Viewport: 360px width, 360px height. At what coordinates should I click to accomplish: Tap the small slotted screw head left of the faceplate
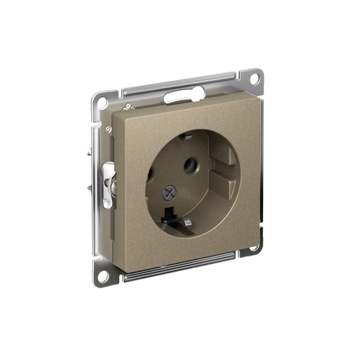click(x=108, y=129)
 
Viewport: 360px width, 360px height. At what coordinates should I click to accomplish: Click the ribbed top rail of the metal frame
click(x=180, y=82)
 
